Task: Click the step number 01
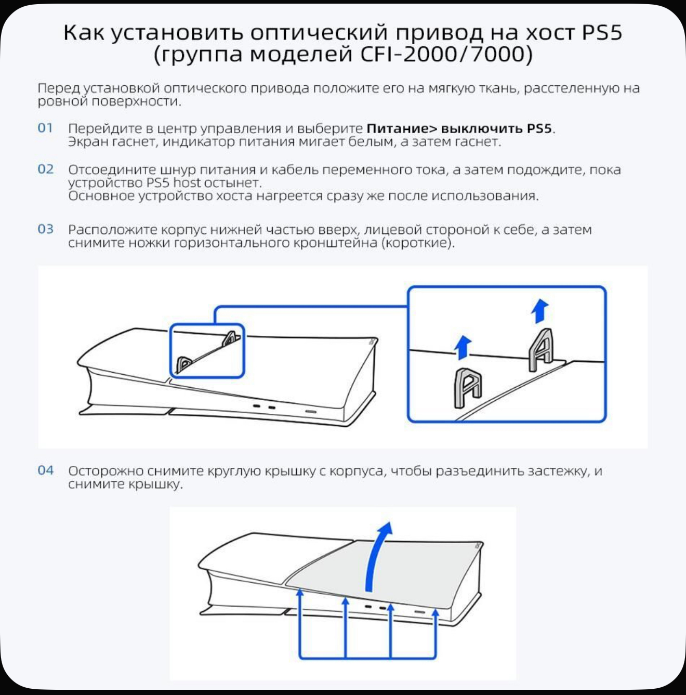point(45,128)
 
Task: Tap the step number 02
point(45,169)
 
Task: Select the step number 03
point(45,229)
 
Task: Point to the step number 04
point(45,470)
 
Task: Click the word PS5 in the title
point(602,32)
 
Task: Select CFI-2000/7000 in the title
point(446,55)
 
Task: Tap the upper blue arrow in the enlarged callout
point(540,310)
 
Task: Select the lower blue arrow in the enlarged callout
point(463,348)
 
